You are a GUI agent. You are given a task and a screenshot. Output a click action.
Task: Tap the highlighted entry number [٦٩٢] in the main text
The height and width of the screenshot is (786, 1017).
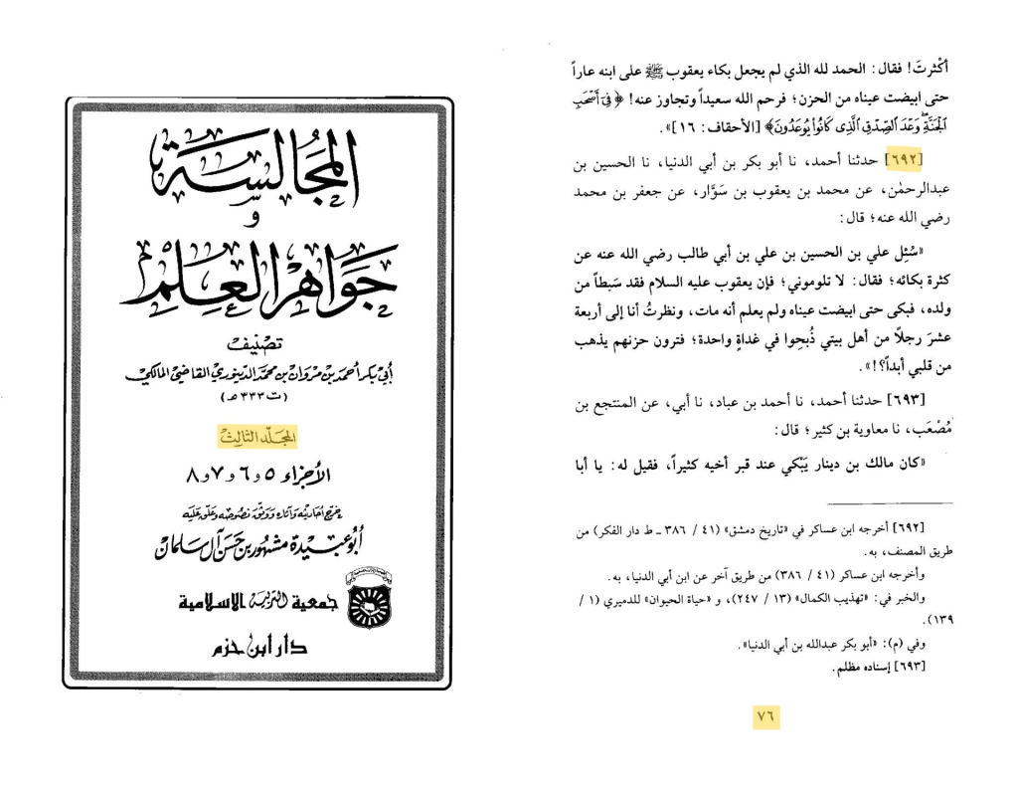tap(904, 159)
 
